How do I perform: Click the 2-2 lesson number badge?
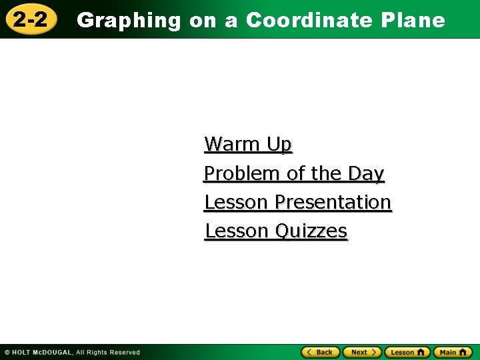31,19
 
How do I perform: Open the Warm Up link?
248,144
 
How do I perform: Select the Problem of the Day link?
294,173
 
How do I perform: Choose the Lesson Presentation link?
297,202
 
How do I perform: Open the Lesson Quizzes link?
276,231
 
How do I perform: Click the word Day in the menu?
366,173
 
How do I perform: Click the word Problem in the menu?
242,173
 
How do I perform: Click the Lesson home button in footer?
407,352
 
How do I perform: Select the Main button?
453,352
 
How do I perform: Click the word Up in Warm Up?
279,144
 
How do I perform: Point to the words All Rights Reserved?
107,352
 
